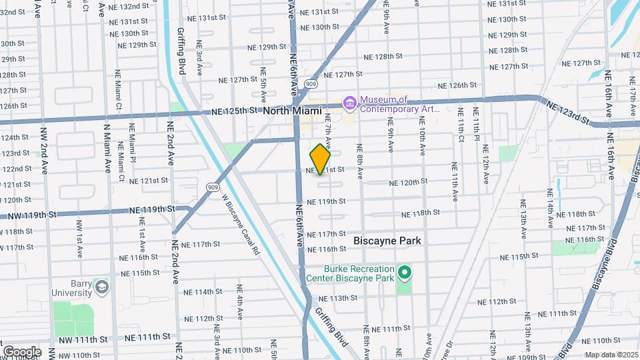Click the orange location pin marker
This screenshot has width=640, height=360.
321,159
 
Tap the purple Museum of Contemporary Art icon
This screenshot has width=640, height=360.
349,103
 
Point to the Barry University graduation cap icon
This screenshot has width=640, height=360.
101,287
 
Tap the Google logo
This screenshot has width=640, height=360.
21,352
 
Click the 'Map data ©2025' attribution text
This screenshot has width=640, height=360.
610,355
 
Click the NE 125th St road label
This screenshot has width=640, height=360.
235,111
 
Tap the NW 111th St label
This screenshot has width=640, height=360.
83,339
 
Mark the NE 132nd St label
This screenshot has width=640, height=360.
129,6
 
